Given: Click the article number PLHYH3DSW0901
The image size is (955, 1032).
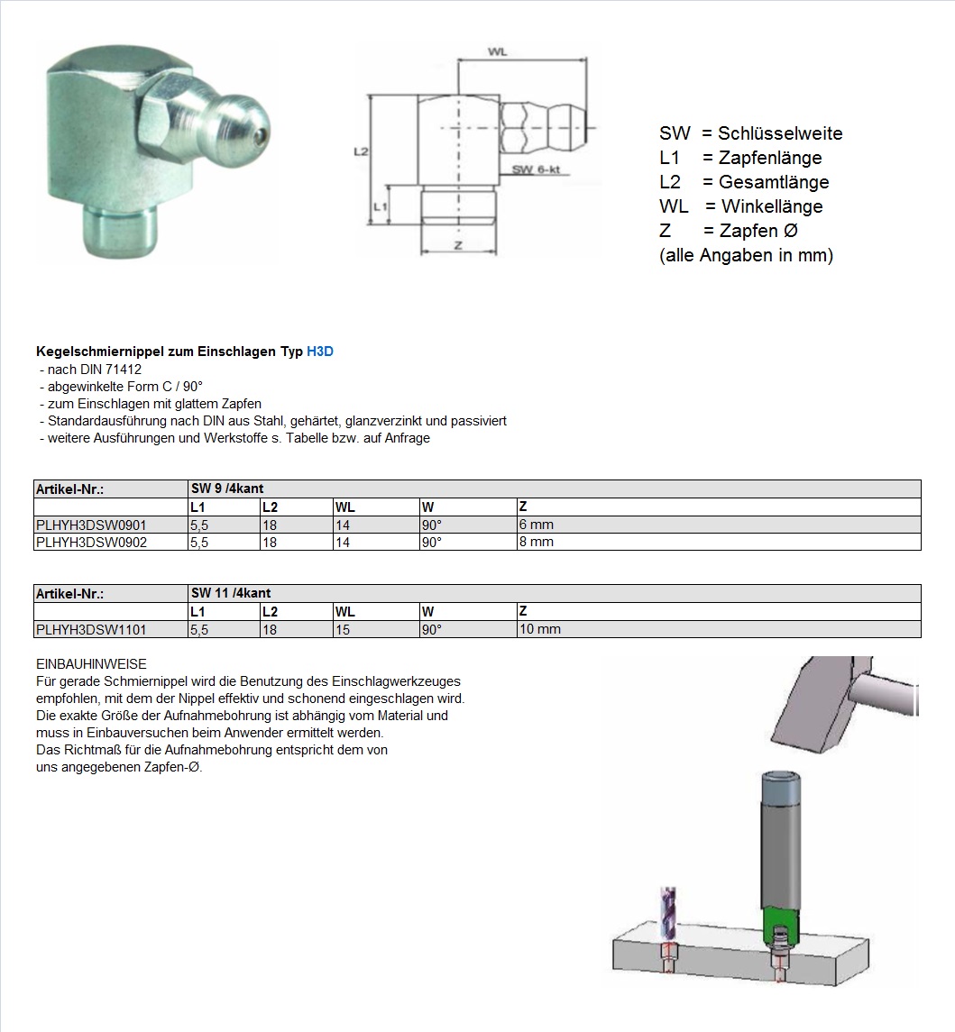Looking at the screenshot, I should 90,525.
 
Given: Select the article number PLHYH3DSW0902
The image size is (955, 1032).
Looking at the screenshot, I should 90,543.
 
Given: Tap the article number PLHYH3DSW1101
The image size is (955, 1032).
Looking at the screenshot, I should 90,630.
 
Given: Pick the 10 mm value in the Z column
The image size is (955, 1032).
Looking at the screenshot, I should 540,630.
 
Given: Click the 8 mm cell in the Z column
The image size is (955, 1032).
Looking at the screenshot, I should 537,543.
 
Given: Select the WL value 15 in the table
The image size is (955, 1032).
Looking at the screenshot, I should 343,630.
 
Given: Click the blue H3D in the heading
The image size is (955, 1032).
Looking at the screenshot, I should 320,352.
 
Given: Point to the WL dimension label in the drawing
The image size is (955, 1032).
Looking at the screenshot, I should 497,52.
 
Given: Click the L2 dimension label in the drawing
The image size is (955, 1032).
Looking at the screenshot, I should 360,153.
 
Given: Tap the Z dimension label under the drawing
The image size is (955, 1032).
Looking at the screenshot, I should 458,245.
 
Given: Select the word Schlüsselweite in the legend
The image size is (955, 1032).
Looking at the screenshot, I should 780,134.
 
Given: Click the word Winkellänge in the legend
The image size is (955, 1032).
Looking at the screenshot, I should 772,207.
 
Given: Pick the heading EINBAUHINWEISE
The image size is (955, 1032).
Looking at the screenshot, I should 91,664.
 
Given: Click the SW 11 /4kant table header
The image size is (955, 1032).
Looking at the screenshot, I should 231,593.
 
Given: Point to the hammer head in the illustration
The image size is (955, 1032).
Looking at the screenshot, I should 816,699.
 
